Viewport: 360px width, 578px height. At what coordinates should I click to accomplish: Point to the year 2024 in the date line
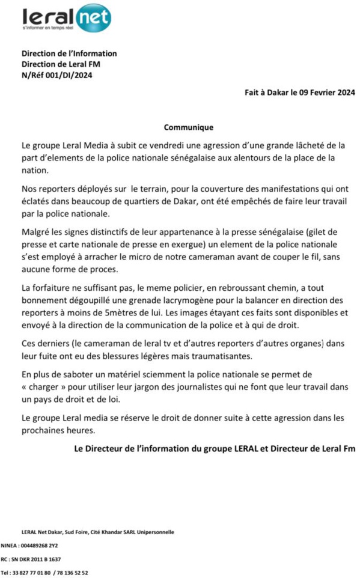coord(344,93)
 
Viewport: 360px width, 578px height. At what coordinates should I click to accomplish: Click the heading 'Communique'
coord(189,127)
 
